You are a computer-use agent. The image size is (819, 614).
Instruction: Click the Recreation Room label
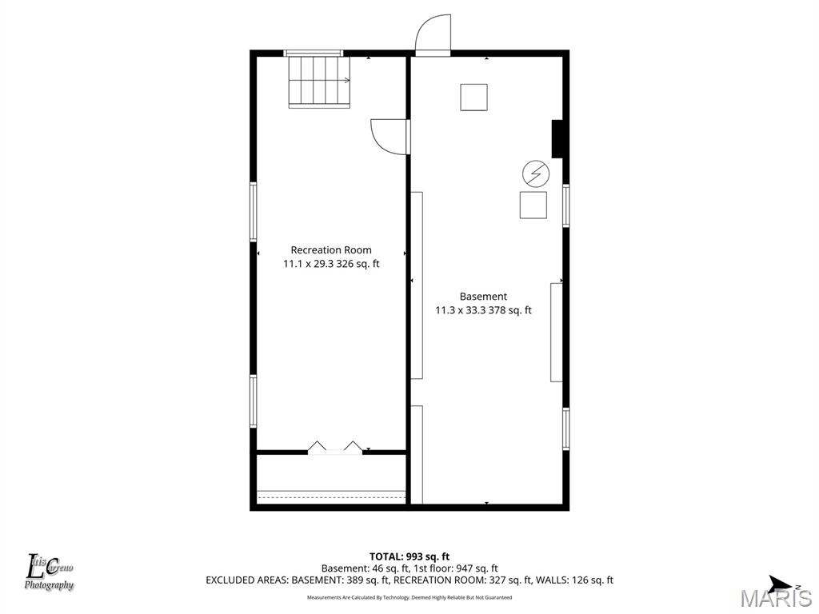point(331,250)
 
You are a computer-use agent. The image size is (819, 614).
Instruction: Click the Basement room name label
point(483,297)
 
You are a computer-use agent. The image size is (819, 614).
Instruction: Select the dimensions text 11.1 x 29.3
point(310,264)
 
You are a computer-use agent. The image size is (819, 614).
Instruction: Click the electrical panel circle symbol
point(536,173)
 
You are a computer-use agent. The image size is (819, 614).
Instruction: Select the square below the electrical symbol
point(533,205)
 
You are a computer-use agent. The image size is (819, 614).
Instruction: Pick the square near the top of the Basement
point(473,97)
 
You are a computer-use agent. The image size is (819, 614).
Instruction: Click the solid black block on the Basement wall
point(558,139)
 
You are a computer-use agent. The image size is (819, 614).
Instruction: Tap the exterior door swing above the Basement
point(433,35)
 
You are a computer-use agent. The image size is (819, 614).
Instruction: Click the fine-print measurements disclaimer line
point(409,597)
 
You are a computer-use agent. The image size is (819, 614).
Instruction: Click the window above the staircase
point(314,53)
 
